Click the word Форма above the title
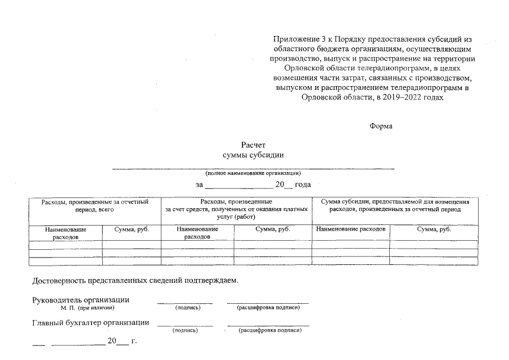[x=381, y=126]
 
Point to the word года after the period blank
[x=303, y=184]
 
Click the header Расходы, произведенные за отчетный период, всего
[x=94, y=205]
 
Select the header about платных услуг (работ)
[x=236, y=209]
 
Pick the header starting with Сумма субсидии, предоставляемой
[x=395, y=205]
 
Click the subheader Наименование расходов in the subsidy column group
[x=350, y=229]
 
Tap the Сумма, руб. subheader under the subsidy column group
[x=434, y=229]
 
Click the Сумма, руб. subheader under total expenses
[x=131, y=229]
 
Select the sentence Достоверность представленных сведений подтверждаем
[x=136, y=280]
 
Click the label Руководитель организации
[x=81, y=299]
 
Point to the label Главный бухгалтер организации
[x=91, y=322]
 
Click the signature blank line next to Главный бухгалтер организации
[x=185, y=325]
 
